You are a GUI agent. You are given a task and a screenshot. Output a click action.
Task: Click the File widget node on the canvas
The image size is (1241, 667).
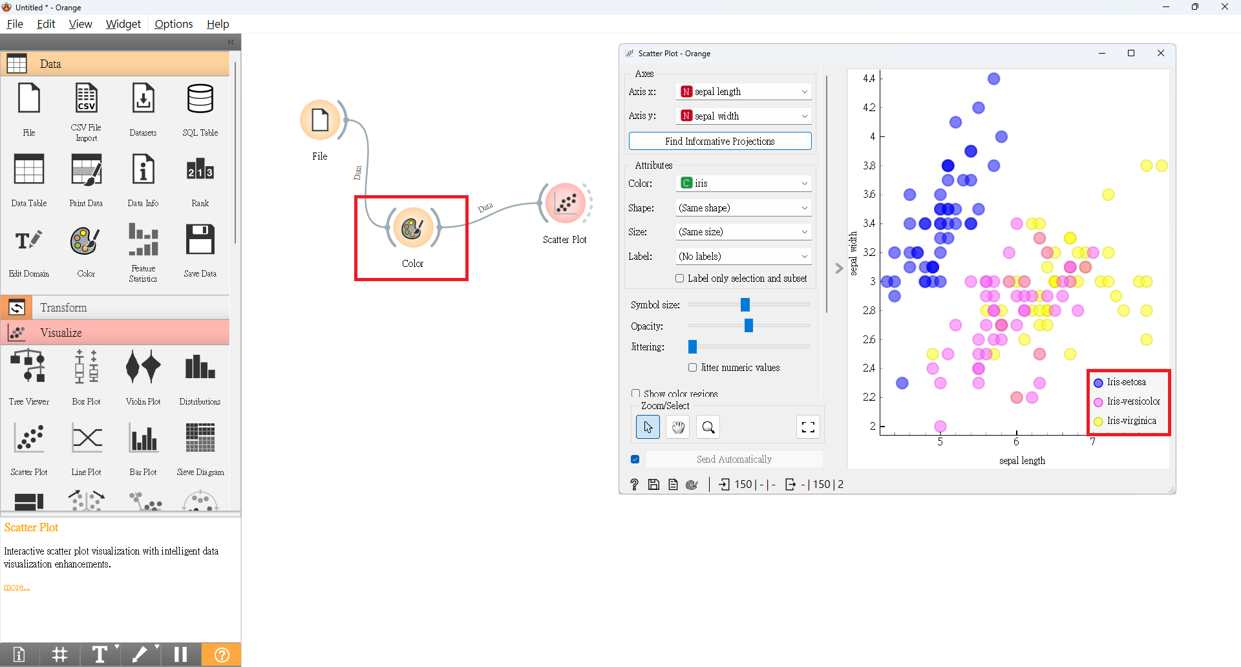[x=320, y=120]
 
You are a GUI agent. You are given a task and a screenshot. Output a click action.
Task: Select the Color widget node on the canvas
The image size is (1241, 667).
[x=412, y=228]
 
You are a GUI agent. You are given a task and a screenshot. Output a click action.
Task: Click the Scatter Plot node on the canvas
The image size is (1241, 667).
[x=565, y=203]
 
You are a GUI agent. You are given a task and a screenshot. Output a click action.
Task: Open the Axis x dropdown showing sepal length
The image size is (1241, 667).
[x=743, y=92]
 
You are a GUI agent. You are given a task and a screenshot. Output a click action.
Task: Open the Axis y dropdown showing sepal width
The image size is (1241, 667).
[x=743, y=116]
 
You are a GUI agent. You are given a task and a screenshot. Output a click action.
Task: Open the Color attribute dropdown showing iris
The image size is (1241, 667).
[x=743, y=184]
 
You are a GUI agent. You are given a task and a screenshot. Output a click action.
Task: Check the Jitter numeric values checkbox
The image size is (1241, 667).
[x=693, y=368]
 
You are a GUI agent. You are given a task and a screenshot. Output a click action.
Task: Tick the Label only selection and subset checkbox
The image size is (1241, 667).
[x=680, y=279]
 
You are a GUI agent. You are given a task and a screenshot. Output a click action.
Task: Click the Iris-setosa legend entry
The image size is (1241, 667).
[x=1125, y=383]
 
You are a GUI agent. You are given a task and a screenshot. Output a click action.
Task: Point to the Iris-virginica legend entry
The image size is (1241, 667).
[x=1130, y=421]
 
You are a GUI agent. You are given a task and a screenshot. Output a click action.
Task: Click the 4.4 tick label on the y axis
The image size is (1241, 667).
[x=869, y=79]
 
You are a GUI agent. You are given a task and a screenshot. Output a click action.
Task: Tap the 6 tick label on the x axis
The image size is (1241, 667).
[x=1016, y=442]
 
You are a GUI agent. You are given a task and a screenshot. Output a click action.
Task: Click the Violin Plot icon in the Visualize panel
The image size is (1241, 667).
[x=143, y=368]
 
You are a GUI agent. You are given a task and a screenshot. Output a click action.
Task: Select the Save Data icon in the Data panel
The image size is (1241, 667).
[x=200, y=240]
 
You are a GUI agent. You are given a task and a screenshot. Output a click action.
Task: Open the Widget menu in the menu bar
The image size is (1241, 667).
[x=123, y=24]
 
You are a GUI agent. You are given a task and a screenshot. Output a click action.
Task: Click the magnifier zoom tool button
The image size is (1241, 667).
[x=708, y=427]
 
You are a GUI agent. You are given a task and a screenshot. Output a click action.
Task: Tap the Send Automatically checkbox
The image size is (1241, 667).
[x=635, y=460]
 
